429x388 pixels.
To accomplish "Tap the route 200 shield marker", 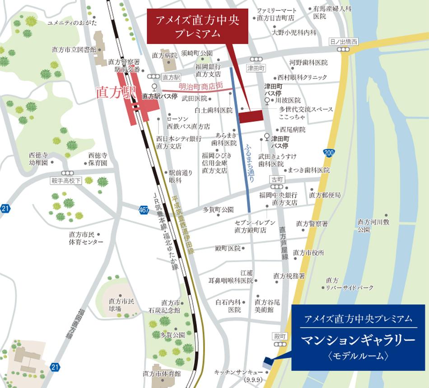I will click(x=329, y=153).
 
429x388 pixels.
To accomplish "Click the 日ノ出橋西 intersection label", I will click(x=344, y=42).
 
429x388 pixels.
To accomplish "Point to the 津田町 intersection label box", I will click(x=256, y=68).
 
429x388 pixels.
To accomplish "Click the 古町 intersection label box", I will click(x=276, y=179).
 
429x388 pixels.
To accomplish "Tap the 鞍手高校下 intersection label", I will click(x=66, y=181).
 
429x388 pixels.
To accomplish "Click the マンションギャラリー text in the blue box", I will click(x=358, y=339).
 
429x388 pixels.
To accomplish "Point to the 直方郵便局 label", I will click(x=325, y=195).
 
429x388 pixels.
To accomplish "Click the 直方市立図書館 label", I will click(x=74, y=49).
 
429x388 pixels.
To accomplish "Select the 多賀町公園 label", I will click(x=218, y=209).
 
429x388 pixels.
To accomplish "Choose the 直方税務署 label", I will click(x=289, y=276).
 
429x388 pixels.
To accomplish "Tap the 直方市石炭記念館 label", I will click(x=164, y=306).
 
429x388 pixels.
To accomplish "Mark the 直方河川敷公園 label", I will click(x=373, y=225).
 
